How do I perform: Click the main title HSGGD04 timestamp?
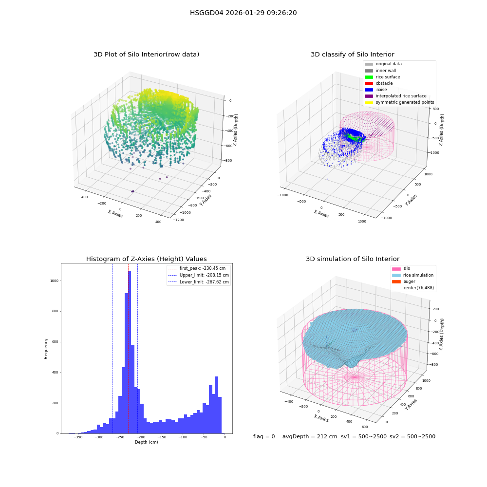243,13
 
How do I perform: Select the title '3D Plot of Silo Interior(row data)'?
146,55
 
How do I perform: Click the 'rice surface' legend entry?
382,77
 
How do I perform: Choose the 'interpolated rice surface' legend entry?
395,96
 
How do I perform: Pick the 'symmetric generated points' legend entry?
399,102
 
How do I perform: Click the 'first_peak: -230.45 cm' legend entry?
197,268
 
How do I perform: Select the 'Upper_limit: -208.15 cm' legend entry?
199,275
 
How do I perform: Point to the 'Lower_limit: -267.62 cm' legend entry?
199,282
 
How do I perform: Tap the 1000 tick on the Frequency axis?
55,281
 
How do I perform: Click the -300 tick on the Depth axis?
99,437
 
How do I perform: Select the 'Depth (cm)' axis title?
147,442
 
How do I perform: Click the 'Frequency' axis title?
46,349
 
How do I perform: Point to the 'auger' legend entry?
403,281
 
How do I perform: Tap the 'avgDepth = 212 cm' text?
310,436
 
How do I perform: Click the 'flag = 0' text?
264,436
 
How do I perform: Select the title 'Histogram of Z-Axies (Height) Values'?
146,259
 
